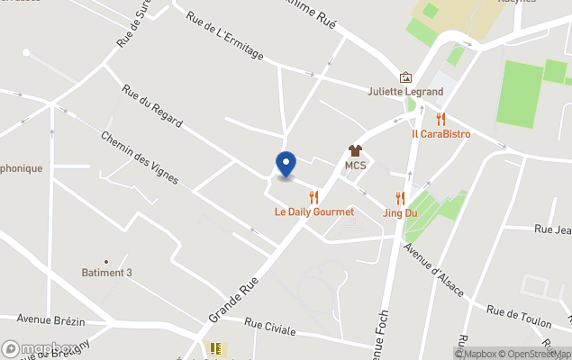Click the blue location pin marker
pyautogui.click(x=286, y=164)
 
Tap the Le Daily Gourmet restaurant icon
pyautogui.click(x=313, y=197)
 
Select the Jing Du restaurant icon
pyautogui.click(x=400, y=198)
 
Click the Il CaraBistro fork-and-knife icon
pyautogui.click(x=440, y=119)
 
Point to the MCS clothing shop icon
pyautogui.click(x=355, y=151)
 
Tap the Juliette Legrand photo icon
pyautogui.click(x=405, y=77)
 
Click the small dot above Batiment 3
pyautogui.click(x=106, y=261)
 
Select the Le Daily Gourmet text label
pyautogui.click(x=314, y=212)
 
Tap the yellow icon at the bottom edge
pyautogui.click(x=215, y=348)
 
